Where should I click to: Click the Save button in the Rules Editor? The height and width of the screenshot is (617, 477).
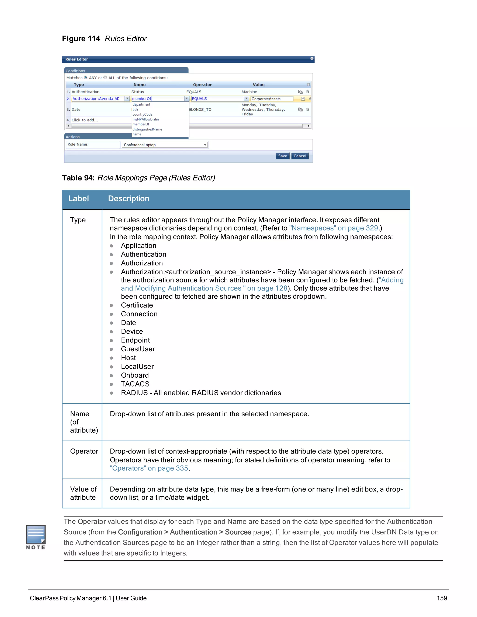coord(282,156)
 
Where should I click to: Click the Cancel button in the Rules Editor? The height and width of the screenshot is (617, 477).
coord(300,156)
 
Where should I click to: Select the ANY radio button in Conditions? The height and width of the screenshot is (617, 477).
coord(86,77)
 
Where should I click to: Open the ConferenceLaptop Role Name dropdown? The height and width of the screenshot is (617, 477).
coord(205,145)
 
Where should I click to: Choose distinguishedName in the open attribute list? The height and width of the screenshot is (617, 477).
coord(147,129)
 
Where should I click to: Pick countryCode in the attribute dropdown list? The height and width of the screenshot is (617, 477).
coord(142,114)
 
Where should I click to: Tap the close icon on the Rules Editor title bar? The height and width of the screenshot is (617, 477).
coord(312,58)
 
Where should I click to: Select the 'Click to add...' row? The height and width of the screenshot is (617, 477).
coord(85,120)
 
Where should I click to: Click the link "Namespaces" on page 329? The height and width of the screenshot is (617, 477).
coord(334,228)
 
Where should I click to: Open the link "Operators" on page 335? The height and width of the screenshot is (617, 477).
coord(149,468)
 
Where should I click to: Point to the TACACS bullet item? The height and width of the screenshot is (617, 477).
coord(135,384)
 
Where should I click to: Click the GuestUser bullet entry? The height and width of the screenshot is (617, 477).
coord(138,349)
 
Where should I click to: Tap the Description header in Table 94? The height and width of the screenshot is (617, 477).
coord(129,199)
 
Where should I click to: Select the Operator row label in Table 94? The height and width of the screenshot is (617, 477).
coord(84,451)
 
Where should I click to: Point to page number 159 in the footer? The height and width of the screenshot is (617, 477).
coord(442,598)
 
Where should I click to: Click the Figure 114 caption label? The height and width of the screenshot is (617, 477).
coord(81,39)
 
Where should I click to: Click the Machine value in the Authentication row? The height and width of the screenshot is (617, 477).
coord(249,92)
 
